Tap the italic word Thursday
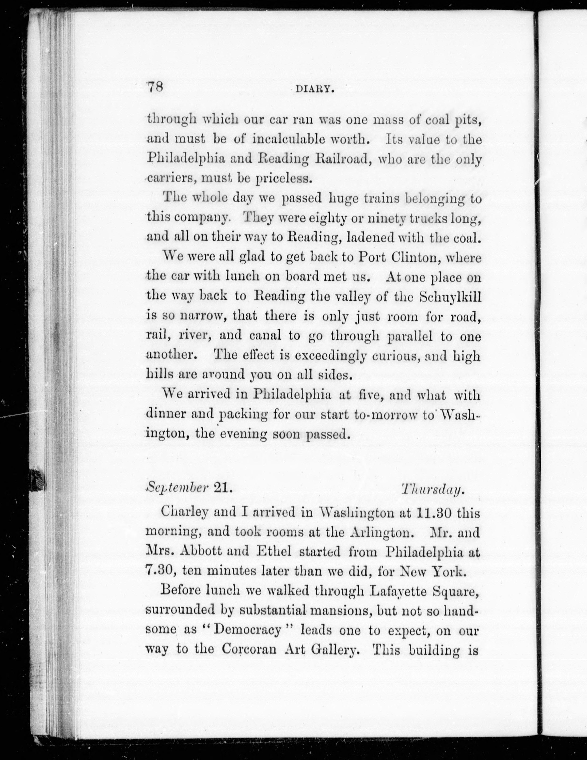coord(432,489)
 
